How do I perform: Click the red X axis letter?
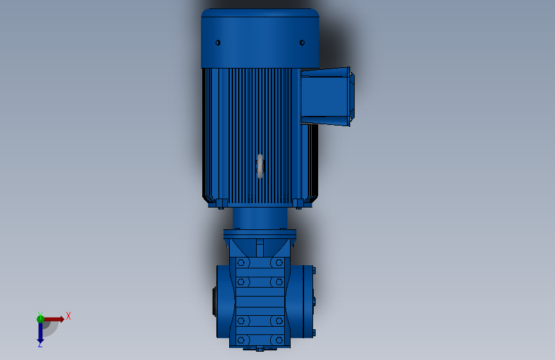[x=68, y=316]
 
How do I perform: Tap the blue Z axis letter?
[x=40, y=345]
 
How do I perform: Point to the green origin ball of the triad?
[x=40, y=319]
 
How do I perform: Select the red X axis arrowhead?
[x=62, y=319]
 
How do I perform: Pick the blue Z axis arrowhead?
[x=40, y=341]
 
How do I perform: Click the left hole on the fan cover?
[x=218, y=43]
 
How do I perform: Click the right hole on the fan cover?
[x=302, y=43]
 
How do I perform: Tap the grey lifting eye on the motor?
[x=260, y=166]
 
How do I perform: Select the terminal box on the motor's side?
[x=327, y=96]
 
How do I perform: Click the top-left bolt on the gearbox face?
[x=241, y=263]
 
